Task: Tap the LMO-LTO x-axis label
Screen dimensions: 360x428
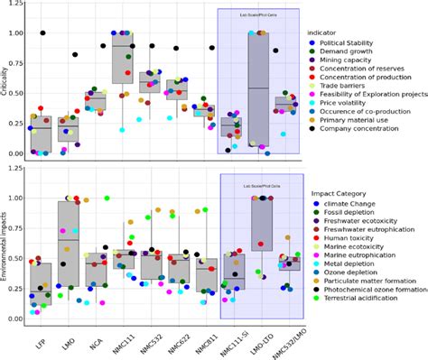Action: (262, 342)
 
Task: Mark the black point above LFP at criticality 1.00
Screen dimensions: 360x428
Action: (42, 33)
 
